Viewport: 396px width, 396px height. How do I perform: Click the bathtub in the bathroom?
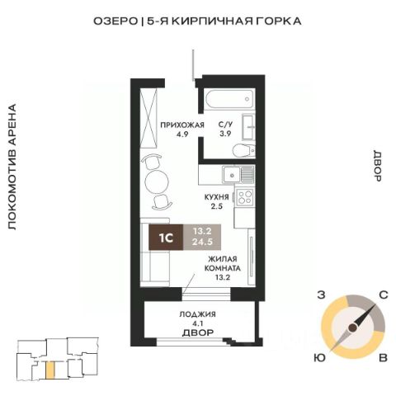[229, 99]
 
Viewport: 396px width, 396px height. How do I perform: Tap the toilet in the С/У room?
[243, 150]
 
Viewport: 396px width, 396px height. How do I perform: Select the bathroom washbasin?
[248, 127]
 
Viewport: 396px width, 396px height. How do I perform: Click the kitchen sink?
[232, 175]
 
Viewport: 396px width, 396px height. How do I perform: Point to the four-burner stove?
[244, 196]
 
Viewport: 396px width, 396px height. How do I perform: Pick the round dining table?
[157, 181]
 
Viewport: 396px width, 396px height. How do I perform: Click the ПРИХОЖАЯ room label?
[182, 125]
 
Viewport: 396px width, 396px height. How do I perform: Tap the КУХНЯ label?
[216, 197]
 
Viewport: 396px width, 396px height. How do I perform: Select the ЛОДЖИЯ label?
[197, 314]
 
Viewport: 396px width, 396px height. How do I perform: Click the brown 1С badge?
[166, 238]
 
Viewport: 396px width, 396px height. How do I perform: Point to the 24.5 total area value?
[202, 243]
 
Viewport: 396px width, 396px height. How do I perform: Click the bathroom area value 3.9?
[225, 134]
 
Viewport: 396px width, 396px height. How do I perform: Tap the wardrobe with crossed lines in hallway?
[148, 118]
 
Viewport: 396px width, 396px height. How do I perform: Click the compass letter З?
[321, 295]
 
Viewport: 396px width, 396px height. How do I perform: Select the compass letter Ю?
[319, 358]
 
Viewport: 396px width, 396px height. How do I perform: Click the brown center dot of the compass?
[353, 328]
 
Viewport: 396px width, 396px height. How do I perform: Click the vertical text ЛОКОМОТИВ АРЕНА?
[12, 167]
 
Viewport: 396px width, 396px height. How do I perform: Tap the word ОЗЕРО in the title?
[115, 21]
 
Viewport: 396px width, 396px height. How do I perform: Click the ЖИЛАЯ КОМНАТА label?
[223, 264]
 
